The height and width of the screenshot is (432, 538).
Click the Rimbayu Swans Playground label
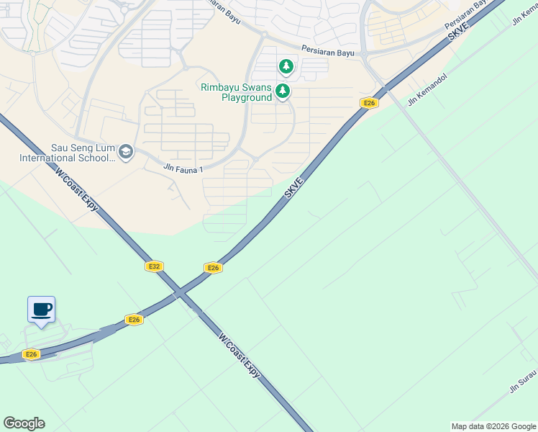236,92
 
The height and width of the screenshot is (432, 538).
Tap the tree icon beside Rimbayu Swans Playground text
283,91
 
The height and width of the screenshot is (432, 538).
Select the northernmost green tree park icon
286,67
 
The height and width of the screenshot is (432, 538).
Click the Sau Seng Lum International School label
68,153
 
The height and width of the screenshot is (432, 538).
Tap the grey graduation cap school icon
126,151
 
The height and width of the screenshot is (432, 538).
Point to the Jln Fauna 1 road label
184,168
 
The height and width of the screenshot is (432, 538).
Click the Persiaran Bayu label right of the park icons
329,50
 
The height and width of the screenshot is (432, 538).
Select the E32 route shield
153,266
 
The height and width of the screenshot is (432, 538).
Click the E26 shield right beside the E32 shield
212,268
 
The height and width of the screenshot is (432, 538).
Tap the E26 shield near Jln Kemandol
369,104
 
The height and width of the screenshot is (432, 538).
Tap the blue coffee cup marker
41,310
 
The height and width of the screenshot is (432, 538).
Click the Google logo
24,423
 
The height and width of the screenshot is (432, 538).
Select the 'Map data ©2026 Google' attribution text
493,426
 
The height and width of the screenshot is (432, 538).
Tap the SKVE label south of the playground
295,189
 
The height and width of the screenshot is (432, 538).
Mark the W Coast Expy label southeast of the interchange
239,356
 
